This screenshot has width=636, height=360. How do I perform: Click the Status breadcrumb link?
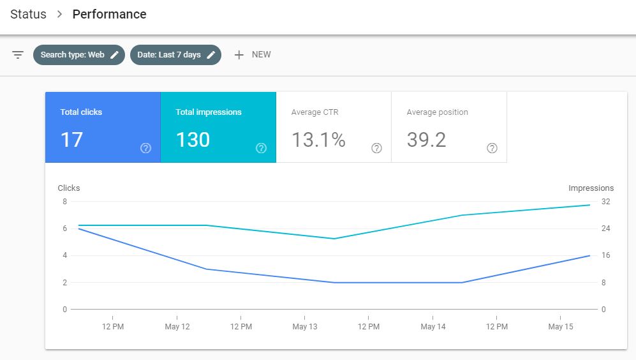28,14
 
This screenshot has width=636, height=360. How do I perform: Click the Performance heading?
109,14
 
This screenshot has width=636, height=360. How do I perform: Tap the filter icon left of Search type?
18,55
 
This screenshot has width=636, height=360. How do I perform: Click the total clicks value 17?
71,140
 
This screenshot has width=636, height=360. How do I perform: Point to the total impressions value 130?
193,140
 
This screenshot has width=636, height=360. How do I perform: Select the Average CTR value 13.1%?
318,140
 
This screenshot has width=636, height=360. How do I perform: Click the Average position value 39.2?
426,140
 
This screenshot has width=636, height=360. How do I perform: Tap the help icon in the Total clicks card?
145,148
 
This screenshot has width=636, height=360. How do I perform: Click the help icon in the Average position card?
492,148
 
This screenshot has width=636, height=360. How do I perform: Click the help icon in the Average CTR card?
376,148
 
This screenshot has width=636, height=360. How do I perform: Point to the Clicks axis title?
69,188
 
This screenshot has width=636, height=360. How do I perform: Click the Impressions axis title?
591,188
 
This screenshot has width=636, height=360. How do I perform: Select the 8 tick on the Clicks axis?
64,202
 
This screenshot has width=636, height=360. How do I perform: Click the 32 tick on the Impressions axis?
605,202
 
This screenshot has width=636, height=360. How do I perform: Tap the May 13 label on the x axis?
304,327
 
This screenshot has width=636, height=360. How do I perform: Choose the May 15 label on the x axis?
560,327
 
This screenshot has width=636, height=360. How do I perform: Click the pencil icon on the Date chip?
211,55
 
